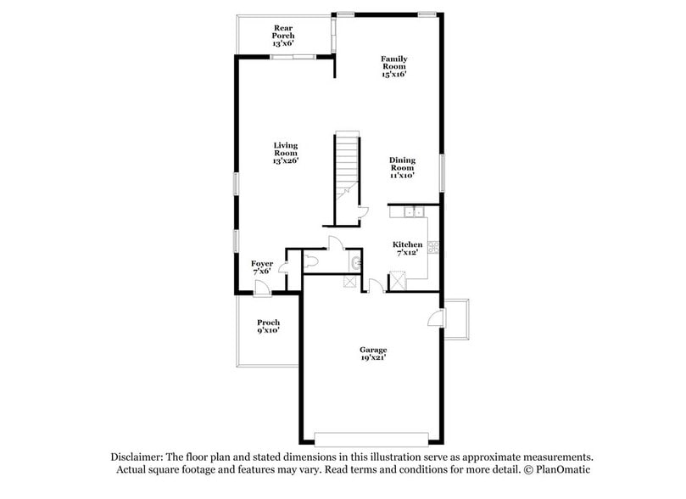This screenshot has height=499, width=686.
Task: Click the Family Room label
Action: pos(393,62)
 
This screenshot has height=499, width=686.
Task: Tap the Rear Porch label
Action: pos(283,31)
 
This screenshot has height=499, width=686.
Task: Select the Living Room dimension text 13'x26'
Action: pos(285,160)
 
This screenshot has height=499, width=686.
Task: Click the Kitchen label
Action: pos(407,244)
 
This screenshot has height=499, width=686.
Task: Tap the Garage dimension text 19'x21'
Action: pos(373,358)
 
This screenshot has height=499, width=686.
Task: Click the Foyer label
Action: pos(262,264)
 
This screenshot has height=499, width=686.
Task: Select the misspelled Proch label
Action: pos(269,322)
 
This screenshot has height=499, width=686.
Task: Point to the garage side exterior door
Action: pos(434,319)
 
